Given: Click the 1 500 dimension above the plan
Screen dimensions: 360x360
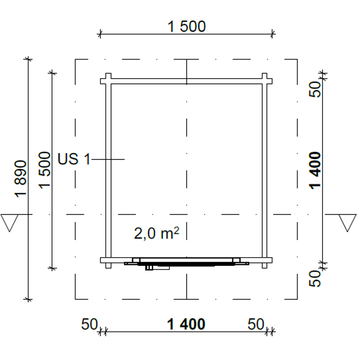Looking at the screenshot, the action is [x=186, y=26].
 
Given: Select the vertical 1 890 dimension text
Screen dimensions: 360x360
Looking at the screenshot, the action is [x=21, y=179].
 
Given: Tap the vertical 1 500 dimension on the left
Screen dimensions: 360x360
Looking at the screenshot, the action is [x=44, y=170].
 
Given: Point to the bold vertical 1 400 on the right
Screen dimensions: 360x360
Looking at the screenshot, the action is [x=315, y=171].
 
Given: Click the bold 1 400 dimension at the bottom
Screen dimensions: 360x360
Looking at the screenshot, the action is [x=186, y=324].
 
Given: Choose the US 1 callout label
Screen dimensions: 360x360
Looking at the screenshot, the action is [x=74, y=159].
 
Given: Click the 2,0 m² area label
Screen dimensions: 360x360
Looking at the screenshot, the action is [x=156, y=233].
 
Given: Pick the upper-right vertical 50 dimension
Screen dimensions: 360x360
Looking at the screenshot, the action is [x=315, y=89].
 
